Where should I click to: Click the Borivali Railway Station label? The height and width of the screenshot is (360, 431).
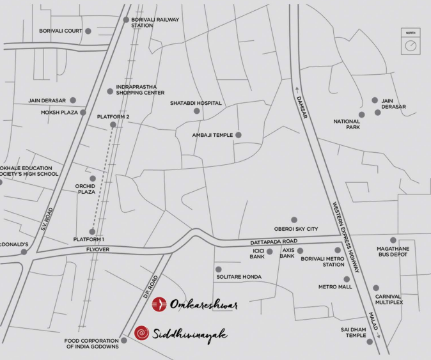pos(155,22)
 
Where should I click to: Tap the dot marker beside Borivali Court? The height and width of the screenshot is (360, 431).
pos(88,31)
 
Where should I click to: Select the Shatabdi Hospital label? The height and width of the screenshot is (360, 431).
pos(196,103)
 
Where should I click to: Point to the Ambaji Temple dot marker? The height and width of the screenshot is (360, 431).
pos(239,135)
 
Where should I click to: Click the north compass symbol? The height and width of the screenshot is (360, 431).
pos(411,45)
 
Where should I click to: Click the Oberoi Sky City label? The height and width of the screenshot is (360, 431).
pos(296,229)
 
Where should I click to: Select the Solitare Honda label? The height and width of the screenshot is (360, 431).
pos(240,276)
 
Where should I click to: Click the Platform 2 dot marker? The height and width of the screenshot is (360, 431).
pos(113,125)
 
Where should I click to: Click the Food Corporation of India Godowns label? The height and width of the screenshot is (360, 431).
pos(91,343)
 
